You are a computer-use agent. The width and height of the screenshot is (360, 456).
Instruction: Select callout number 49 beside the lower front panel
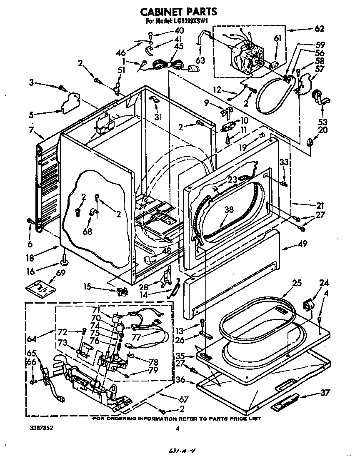coord(302,244)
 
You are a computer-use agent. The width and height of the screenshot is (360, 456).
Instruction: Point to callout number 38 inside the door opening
coord(228,210)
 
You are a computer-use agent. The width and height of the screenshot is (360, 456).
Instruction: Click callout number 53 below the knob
coord(322,122)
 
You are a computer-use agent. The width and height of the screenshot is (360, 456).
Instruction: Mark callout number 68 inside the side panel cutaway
coord(87,231)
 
